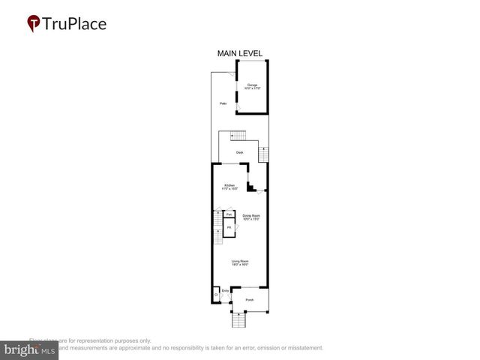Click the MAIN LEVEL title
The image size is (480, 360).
tap(239, 53)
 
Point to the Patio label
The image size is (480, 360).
tap(223, 103)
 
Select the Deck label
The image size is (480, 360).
tap(239, 153)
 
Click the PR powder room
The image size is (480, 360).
tap(229, 227)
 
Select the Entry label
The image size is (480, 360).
tap(225, 290)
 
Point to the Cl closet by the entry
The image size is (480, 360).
tap(215, 295)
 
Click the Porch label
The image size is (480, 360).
tap(249, 300)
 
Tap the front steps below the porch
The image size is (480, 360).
tap(239, 321)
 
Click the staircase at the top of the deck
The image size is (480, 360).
tap(237, 136)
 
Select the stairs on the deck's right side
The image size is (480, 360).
tap(262, 154)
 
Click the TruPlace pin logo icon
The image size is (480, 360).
tap(34, 24)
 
